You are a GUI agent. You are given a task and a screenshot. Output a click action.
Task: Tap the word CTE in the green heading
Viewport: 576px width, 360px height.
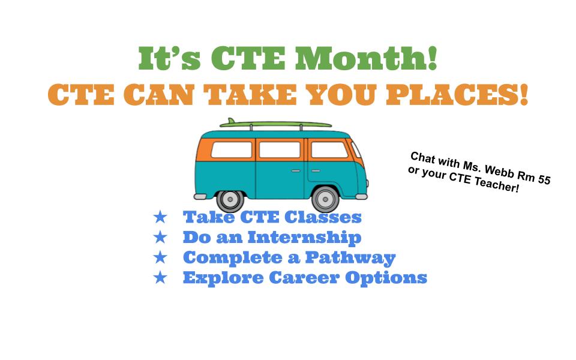(x=248, y=58)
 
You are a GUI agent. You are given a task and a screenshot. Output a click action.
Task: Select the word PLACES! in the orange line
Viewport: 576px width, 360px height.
(x=457, y=95)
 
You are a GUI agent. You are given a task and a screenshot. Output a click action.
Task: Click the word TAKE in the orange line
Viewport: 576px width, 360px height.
(x=250, y=95)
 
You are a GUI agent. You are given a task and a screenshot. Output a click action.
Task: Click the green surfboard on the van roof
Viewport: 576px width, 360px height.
(x=275, y=124)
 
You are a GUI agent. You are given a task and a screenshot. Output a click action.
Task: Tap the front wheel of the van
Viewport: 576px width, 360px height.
(x=325, y=199)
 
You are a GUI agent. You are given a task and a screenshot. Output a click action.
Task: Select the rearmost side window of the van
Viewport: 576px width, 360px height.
(x=232, y=150)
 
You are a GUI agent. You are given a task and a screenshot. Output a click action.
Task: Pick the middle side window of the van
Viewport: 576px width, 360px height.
(x=280, y=150)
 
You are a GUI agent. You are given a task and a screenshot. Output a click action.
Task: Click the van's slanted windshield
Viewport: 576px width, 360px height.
(x=356, y=149)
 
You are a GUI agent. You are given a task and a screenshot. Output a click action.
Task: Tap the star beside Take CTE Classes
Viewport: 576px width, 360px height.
(x=160, y=217)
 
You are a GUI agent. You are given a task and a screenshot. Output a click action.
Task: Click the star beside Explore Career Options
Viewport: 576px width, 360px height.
(x=160, y=277)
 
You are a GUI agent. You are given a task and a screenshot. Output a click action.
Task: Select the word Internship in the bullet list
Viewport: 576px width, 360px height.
(x=305, y=238)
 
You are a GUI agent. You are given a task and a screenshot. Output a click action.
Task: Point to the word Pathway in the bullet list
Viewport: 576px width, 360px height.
(x=350, y=258)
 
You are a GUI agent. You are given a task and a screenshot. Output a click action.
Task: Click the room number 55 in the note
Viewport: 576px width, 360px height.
(x=544, y=179)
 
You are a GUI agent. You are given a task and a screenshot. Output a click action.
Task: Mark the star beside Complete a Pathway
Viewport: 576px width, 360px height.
(x=160, y=257)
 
